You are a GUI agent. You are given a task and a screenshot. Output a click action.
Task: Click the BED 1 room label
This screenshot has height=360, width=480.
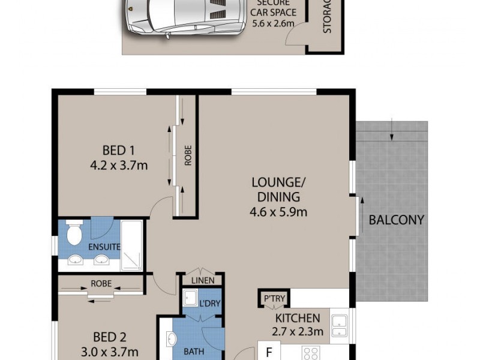click(x=113, y=150)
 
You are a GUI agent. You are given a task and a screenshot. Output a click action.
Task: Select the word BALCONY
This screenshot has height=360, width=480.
click(x=396, y=220)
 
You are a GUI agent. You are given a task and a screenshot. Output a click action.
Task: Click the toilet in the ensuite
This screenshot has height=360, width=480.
click(x=74, y=233)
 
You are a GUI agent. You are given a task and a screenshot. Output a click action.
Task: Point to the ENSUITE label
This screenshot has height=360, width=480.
click(x=104, y=247)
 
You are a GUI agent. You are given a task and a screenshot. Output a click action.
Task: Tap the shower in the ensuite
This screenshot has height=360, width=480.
click(x=131, y=244)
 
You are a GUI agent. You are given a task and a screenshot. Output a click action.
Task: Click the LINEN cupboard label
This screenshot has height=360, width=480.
click(x=203, y=280)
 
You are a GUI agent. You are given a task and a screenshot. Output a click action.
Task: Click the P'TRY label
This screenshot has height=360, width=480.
click(x=274, y=298)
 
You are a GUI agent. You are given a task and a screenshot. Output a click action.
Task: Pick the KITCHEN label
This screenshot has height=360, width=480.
click(x=298, y=318)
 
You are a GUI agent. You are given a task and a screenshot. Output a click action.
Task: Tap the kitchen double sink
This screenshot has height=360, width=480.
click(x=340, y=325)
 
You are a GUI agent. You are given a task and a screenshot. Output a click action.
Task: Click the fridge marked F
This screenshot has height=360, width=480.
click(x=268, y=352)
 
